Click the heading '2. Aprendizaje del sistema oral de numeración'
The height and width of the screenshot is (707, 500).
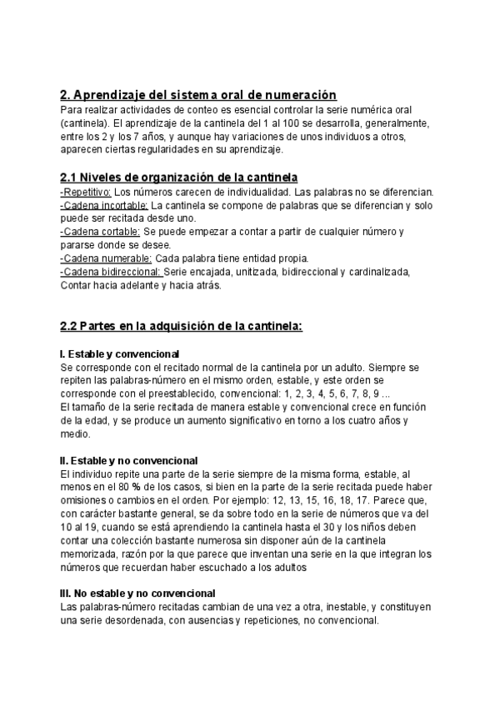click(x=198, y=95)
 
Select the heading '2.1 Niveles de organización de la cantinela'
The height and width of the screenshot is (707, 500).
click(x=179, y=178)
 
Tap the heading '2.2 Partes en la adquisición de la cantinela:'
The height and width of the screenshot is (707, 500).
click(x=181, y=326)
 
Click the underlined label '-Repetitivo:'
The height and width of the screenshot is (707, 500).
click(x=86, y=193)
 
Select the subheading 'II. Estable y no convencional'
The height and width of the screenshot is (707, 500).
click(x=129, y=460)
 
